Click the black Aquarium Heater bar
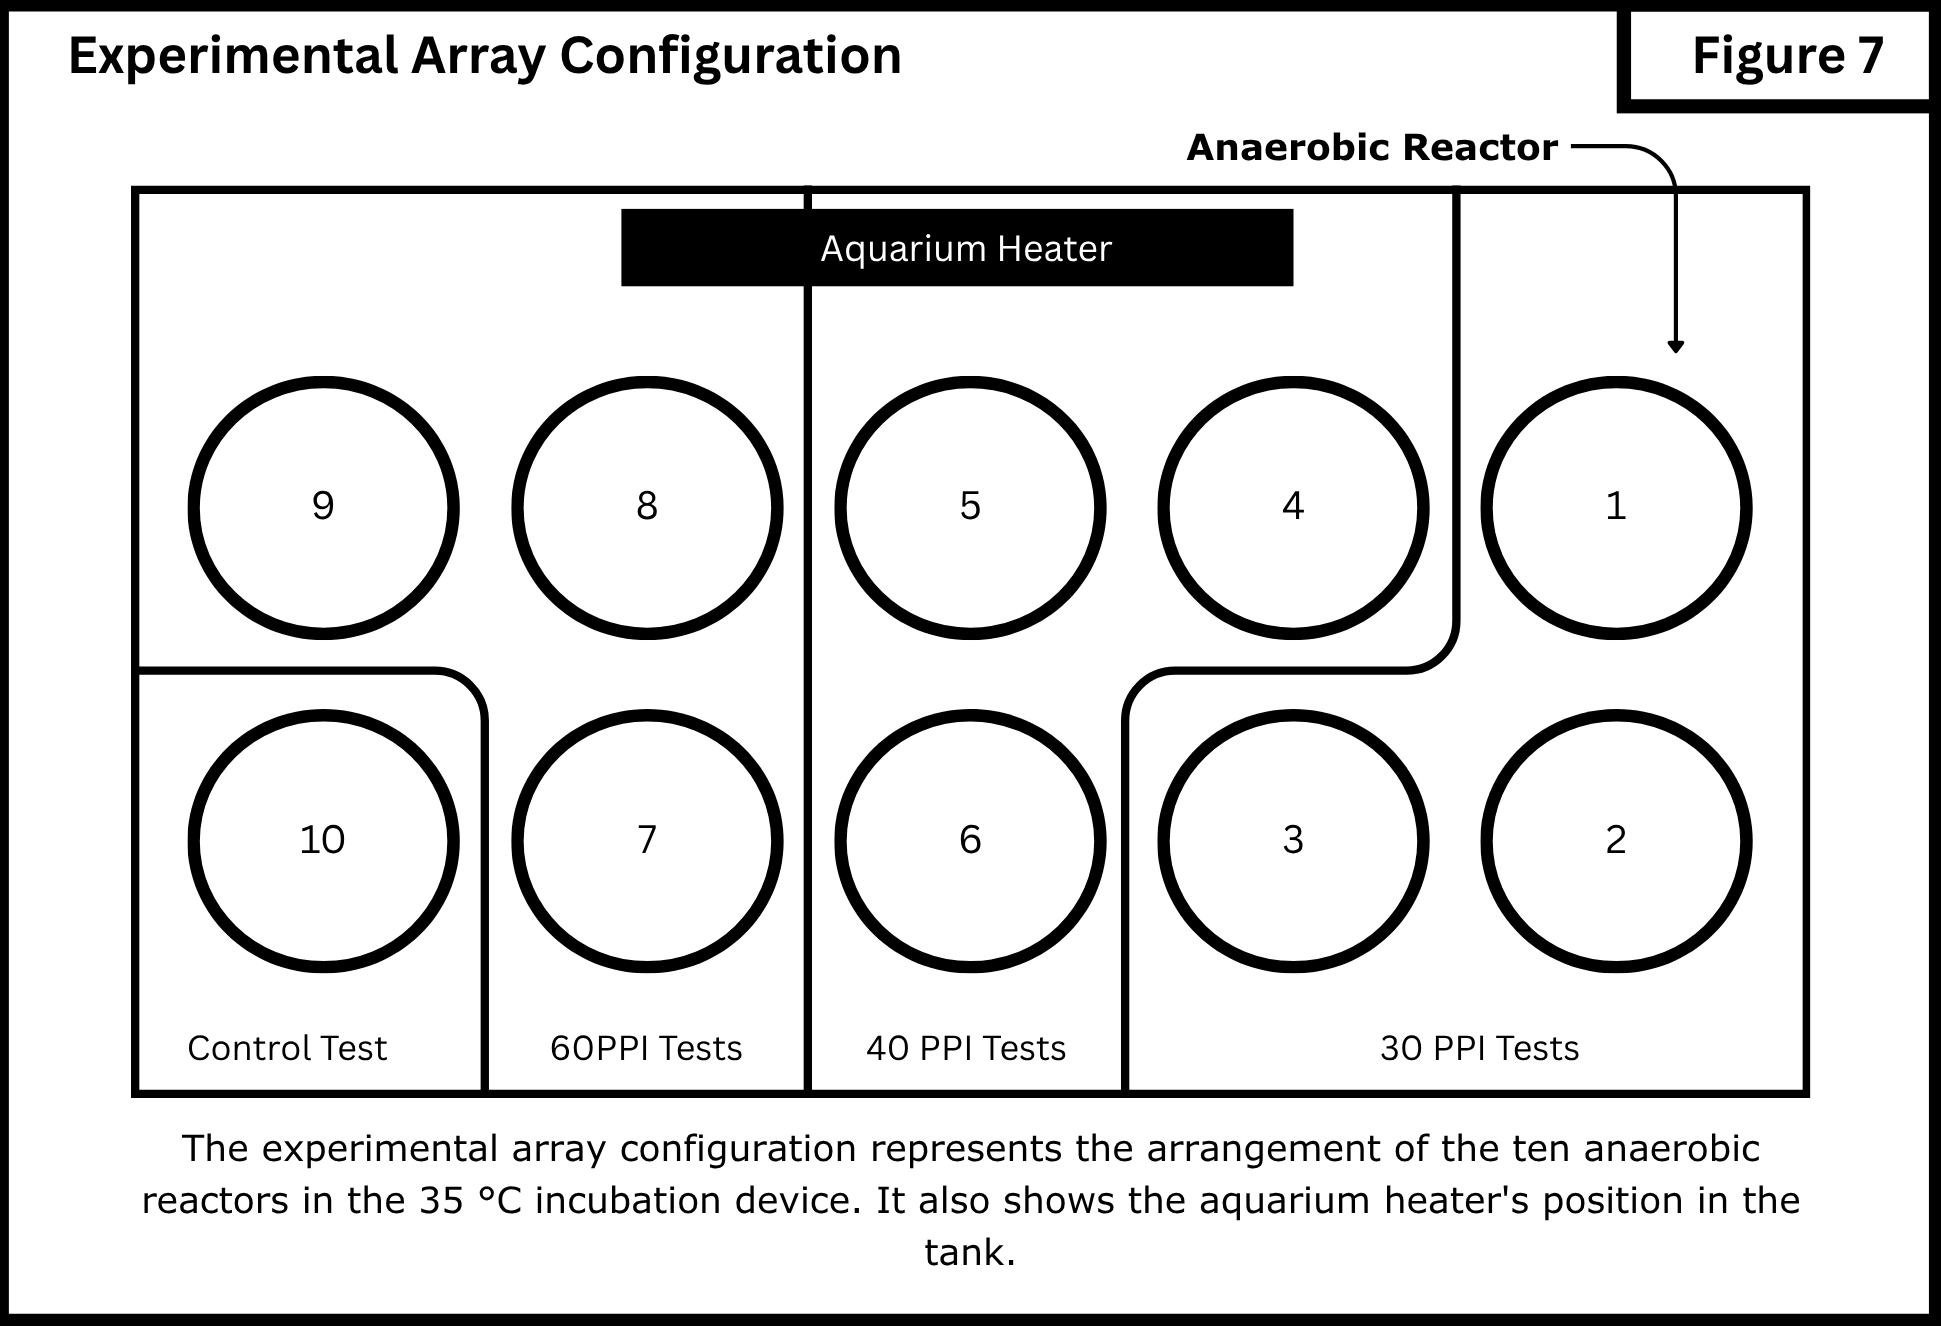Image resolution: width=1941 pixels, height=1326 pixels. tap(957, 247)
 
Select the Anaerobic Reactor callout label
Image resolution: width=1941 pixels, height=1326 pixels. tap(1372, 148)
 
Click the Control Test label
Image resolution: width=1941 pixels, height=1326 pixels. tap(287, 1048)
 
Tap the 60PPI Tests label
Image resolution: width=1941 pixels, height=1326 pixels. tap(646, 1048)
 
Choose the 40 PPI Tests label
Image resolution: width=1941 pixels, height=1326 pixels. tap(966, 1048)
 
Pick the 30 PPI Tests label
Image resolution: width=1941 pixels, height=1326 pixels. tap(1480, 1048)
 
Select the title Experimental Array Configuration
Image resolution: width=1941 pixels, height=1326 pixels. tap(485, 56)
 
